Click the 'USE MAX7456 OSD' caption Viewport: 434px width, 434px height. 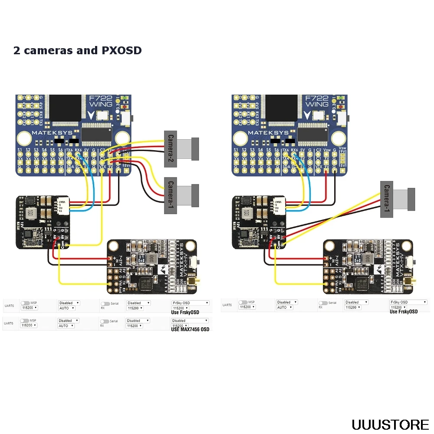(190, 329)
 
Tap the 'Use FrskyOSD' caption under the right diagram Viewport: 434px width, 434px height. (404, 312)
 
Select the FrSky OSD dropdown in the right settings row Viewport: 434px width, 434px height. (408, 302)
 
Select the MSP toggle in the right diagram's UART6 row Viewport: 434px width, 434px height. (242, 302)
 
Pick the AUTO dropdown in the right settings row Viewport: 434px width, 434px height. (284, 307)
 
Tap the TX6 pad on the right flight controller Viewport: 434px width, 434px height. (286, 151)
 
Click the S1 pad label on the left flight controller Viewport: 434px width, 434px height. (20, 150)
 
